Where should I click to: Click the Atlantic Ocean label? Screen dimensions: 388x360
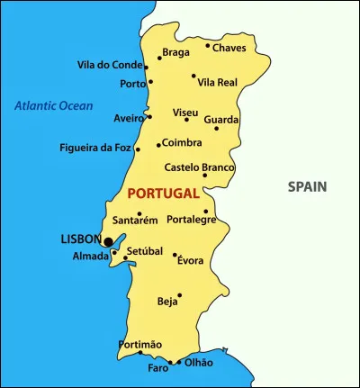[x=53, y=105]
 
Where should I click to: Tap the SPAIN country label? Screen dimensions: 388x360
[x=307, y=187]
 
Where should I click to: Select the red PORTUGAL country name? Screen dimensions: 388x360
[x=163, y=194]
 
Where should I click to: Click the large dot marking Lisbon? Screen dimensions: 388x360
[x=108, y=241]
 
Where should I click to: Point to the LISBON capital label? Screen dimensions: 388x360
[x=80, y=239]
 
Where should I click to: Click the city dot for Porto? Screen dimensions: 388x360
[x=148, y=84]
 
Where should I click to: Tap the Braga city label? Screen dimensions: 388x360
[x=176, y=52]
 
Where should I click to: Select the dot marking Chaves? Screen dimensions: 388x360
[x=208, y=45]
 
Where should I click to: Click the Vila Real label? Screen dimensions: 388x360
[x=218, y=82]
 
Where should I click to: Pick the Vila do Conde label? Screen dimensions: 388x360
[x=110, y=65]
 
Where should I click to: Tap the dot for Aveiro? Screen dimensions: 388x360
[x=149, y=116]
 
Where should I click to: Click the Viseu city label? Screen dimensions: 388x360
[x=185, y=113]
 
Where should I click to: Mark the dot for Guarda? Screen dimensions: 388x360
[x=216, y=129]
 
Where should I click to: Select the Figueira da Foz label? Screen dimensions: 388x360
[x=94, y=148]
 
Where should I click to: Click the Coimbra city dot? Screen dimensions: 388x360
[x=158, y=145]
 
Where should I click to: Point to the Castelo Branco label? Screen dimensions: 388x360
[x=199, y=167]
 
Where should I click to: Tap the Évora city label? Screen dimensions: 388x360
[x=191, y=261]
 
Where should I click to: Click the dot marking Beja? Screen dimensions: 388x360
[x=180, y=294]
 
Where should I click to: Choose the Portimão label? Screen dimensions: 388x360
[x=140, y=345]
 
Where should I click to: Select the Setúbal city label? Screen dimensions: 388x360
[x=144, y=251]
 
